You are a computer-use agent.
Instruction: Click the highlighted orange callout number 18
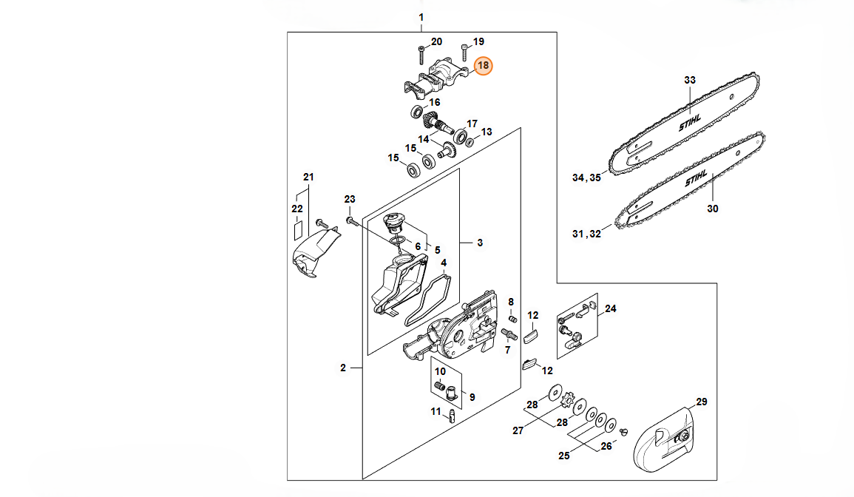(483, 66)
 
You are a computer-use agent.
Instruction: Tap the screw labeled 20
(421, 55)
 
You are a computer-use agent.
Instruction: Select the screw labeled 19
(464, 53)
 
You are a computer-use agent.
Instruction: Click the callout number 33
(690, 80)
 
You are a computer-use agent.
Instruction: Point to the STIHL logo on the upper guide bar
(690, 123)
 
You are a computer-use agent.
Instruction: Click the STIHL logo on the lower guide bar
(696, 178)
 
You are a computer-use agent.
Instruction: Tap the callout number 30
(712, 208)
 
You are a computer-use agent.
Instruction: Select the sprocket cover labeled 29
(665, 439)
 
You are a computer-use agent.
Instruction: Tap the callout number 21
(309, 177)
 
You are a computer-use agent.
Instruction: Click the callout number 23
(350, 200)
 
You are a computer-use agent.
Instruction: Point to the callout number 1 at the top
(421, 18)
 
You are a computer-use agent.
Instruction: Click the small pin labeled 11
(452, 415)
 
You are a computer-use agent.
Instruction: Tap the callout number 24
(611, 308)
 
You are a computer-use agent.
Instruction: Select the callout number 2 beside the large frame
(343, 368)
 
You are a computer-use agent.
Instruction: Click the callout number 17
(472, 124)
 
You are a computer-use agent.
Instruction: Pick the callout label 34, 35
(586, 177)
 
